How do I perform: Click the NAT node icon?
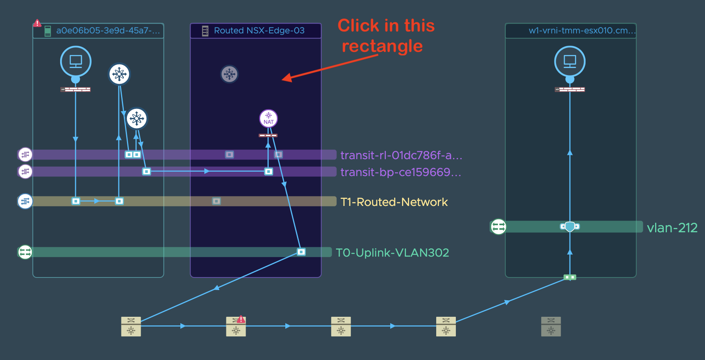point(268,118)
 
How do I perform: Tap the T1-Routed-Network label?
point(394,202)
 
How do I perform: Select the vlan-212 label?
point(672,228)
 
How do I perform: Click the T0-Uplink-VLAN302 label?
point(392,252)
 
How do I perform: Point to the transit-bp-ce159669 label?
point(401,172)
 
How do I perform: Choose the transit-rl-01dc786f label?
point(401,155)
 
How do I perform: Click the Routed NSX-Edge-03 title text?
point(259,31)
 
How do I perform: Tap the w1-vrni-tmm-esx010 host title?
point(582,31)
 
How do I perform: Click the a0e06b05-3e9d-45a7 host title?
point(108,31)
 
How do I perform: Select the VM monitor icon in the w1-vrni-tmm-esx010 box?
point(570,62)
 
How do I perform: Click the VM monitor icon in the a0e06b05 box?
point(76,62)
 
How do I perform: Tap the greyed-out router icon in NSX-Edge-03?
point(229,74)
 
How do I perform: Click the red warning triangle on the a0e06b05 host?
point(37,23)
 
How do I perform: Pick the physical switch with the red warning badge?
point(236,326)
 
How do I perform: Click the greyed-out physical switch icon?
point(551,327)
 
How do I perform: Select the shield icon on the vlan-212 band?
point(570,226)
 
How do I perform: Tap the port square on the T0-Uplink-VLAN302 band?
point(301,252)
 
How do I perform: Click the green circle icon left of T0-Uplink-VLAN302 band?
point(25,252)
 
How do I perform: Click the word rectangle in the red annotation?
point(382,46)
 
